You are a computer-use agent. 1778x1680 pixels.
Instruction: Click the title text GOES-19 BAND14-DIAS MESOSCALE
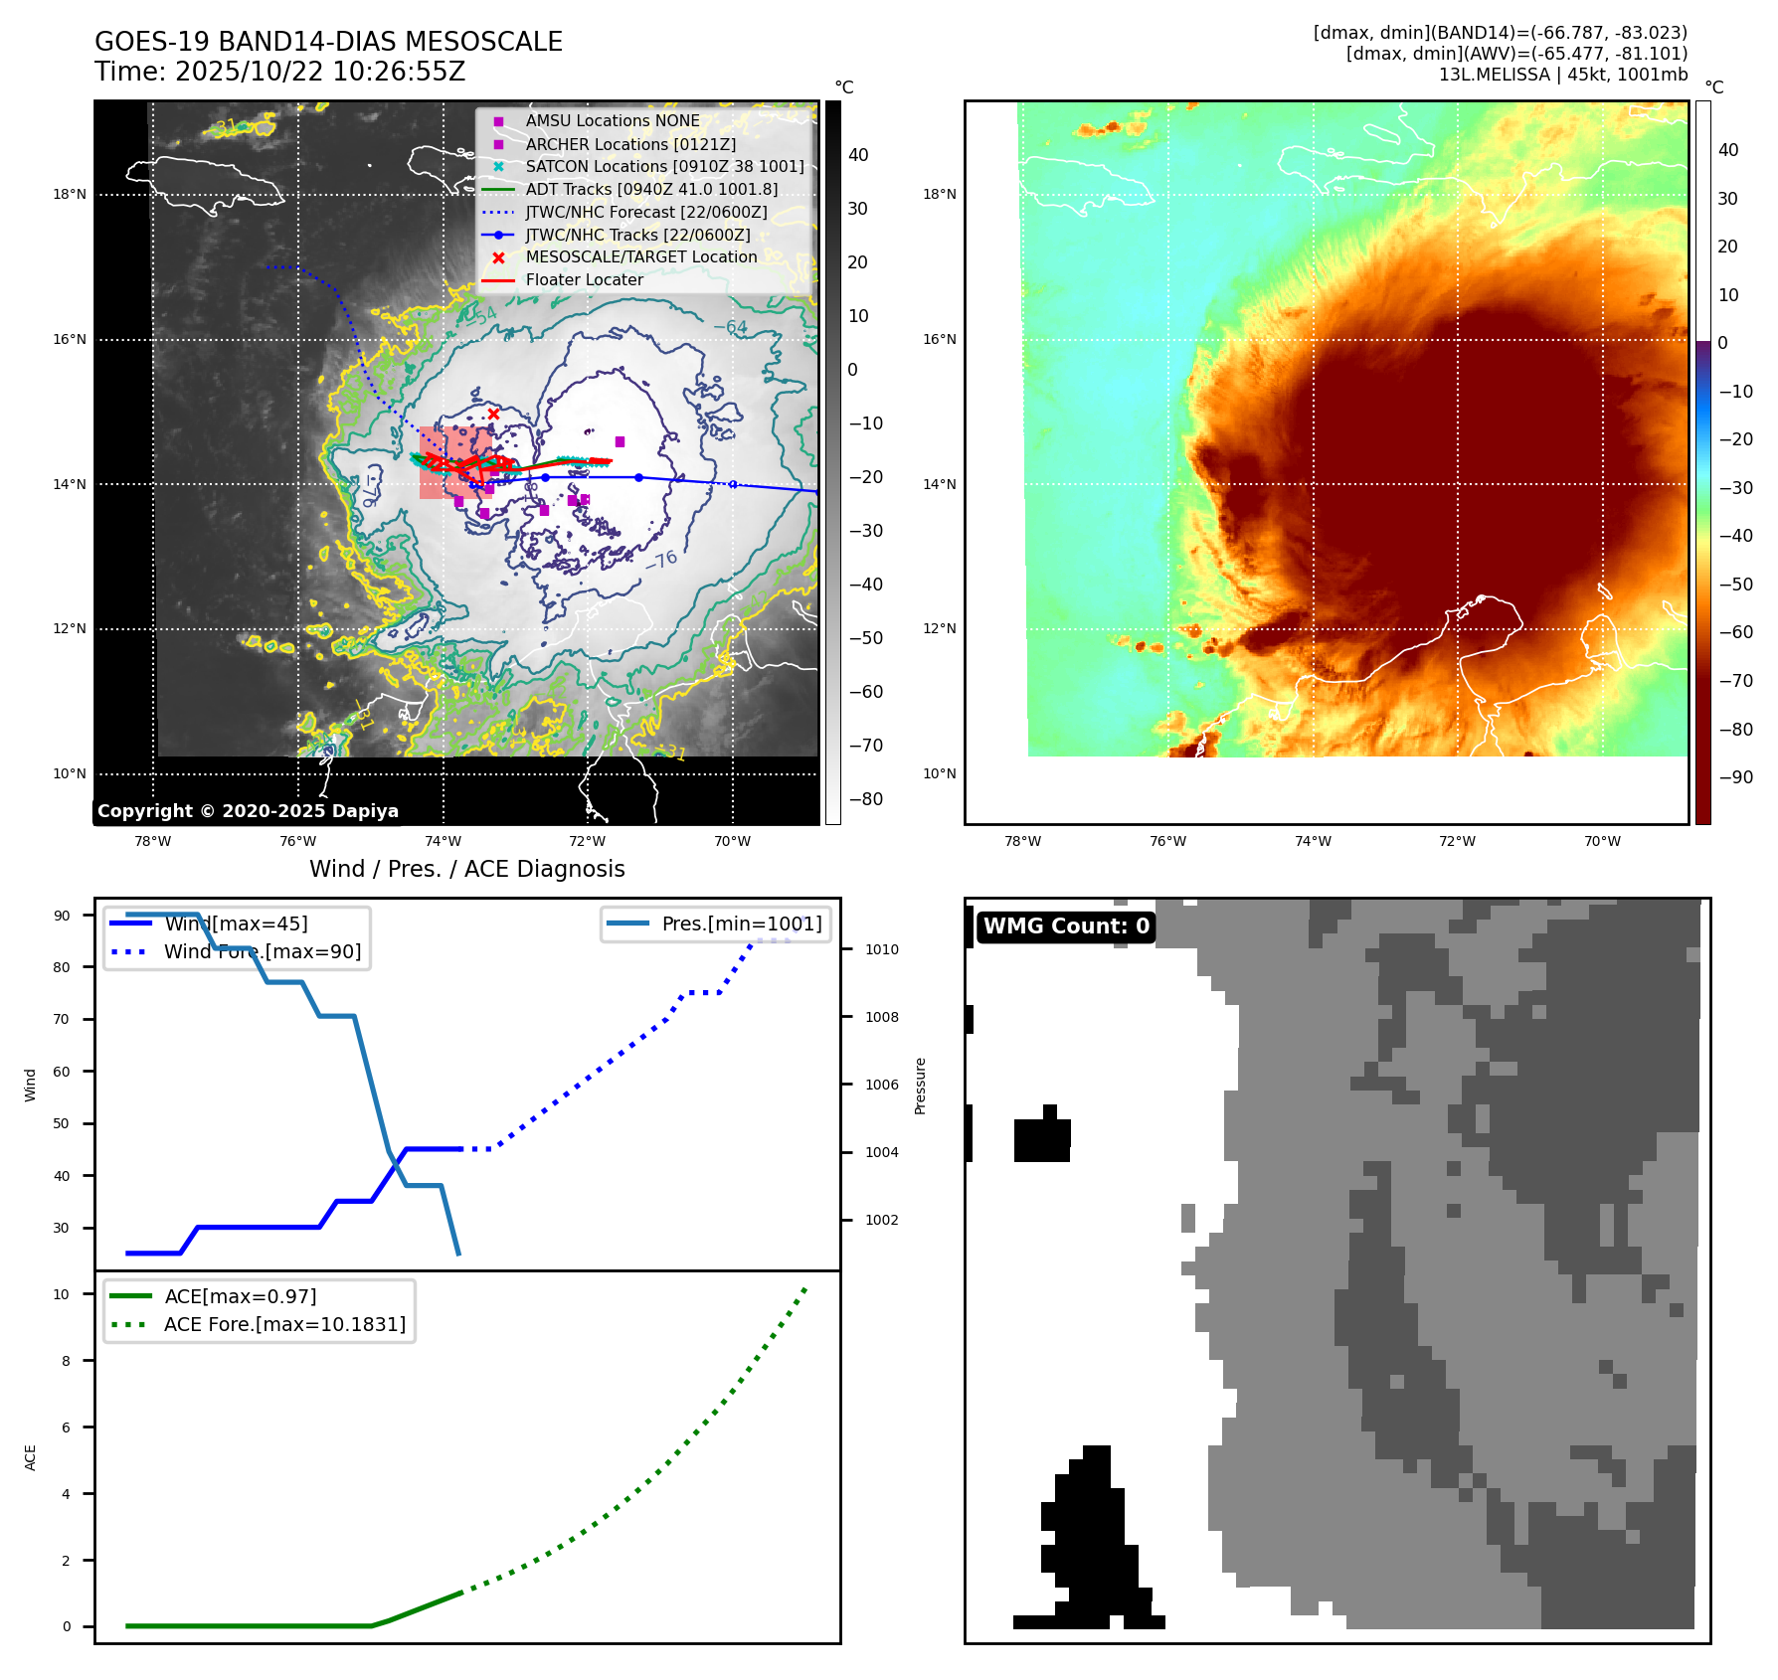point(328,42)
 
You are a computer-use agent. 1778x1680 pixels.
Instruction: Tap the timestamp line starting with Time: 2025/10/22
point(279,72)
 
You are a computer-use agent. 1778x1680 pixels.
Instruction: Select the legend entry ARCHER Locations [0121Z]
point(630,144)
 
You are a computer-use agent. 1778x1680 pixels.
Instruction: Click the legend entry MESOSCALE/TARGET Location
point(640,256)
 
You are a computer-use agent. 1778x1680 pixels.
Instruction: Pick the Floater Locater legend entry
point(584,279)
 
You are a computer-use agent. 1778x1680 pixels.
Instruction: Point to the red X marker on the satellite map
point(493,414)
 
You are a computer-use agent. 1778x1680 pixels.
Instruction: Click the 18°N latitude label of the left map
point(70,194)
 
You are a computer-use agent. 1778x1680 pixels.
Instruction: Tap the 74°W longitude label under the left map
point(443,841)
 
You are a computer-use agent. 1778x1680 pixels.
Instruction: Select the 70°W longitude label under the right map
point(1602,841)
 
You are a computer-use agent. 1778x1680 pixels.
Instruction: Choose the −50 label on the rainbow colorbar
point(1735,584)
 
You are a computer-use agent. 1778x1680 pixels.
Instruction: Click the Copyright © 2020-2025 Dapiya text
point(248,811)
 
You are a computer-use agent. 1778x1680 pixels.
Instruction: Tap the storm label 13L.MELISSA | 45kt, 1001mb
point(1562,75)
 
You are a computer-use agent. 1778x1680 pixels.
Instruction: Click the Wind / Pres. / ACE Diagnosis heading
point(466,869)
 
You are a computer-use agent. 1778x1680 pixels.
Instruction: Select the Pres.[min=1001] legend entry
point(741,924)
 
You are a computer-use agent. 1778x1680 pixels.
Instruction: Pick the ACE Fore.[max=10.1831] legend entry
point(284,1324)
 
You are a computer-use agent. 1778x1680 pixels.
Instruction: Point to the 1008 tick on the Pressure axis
point(881,1017)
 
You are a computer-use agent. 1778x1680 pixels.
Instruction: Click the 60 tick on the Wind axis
point(62,1072)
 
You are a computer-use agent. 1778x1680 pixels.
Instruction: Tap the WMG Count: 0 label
point(1066,926)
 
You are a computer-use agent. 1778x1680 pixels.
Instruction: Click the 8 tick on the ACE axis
point(67,1361)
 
